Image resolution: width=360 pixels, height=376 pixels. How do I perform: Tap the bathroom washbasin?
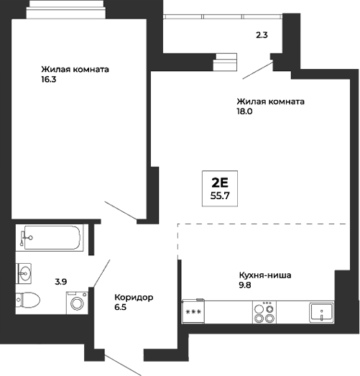click(27, 272)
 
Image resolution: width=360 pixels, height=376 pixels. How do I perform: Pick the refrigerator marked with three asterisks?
click(194, 313)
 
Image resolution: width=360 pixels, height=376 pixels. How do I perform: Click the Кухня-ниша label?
click(267, 275)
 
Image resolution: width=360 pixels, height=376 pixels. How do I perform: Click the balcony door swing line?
click(257, 70)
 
